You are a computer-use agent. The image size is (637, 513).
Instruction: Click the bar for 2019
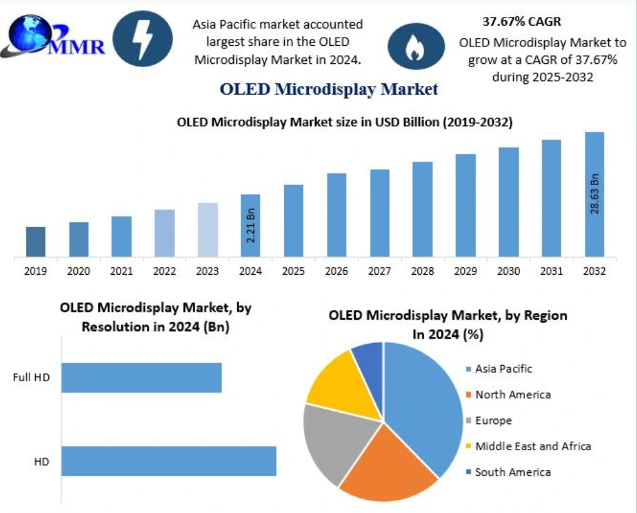pyautogui.click(x=36, y=241)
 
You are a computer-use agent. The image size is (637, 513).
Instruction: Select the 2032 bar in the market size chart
pyautogui.click(x=594, y=194)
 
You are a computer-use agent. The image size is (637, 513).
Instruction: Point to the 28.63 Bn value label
pyautogui.click(x=595, y=193)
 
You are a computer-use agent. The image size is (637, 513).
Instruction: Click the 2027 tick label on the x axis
pyautogui.click(x=379, y=272)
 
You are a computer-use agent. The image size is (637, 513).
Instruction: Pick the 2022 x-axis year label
pyautogui.click(x=164, y=272)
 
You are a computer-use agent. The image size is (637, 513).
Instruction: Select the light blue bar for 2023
pyautogui.click(x=208, y=230)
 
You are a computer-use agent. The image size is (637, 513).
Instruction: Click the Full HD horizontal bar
pyautogui.click(x=142, y=378)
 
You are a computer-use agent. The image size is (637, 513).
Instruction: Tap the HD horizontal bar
pyautogui.click(x=169, y=461)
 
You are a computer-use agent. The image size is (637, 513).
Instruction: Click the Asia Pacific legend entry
pyautogui.click(x=503, y=369)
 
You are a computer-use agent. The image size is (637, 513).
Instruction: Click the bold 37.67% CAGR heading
pyautogui.click(x=522, y=22)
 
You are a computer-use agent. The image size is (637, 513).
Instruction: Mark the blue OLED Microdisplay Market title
pyautogui.click(x=328, y=89)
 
